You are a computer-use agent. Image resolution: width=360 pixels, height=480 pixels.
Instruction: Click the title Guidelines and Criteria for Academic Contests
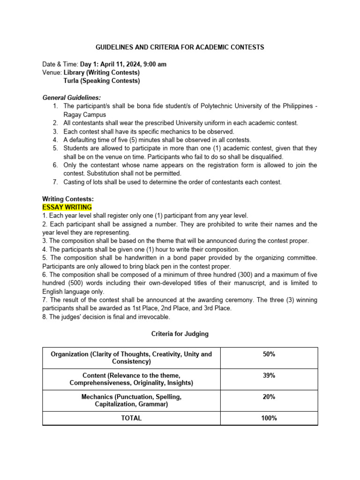point(180,47)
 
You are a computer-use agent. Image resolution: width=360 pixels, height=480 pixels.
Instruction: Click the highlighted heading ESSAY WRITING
point(67,207)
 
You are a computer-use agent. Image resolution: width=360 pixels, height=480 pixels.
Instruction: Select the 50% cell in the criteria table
point(269,354)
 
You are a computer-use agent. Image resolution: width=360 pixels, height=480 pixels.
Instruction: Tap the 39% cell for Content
point(269,375)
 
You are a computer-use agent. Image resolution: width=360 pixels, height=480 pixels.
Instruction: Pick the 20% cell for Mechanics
point(269,397)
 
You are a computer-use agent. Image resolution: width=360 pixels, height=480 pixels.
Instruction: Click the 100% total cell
point(269,418)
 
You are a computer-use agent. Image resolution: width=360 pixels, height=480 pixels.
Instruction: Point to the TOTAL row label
point(131,418)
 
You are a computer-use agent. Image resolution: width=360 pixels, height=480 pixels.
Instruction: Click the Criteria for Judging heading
point(180,334)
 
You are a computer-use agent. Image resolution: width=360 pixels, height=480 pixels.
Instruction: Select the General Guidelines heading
point(72,98)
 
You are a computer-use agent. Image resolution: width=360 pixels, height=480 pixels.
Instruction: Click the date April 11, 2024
point(120,64)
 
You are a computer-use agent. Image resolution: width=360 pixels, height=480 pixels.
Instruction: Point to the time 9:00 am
point(154,64)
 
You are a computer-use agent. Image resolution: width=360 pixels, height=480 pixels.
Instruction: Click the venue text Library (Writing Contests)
point(101,73)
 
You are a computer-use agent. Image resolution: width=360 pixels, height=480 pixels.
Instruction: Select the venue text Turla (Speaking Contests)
point(101,81)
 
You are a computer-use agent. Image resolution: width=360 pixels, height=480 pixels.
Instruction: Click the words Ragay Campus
point(85,115)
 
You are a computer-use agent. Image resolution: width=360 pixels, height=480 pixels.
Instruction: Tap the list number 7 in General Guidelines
point(55,182)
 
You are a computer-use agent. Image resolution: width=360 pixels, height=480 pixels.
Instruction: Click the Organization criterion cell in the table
point(131,358)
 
